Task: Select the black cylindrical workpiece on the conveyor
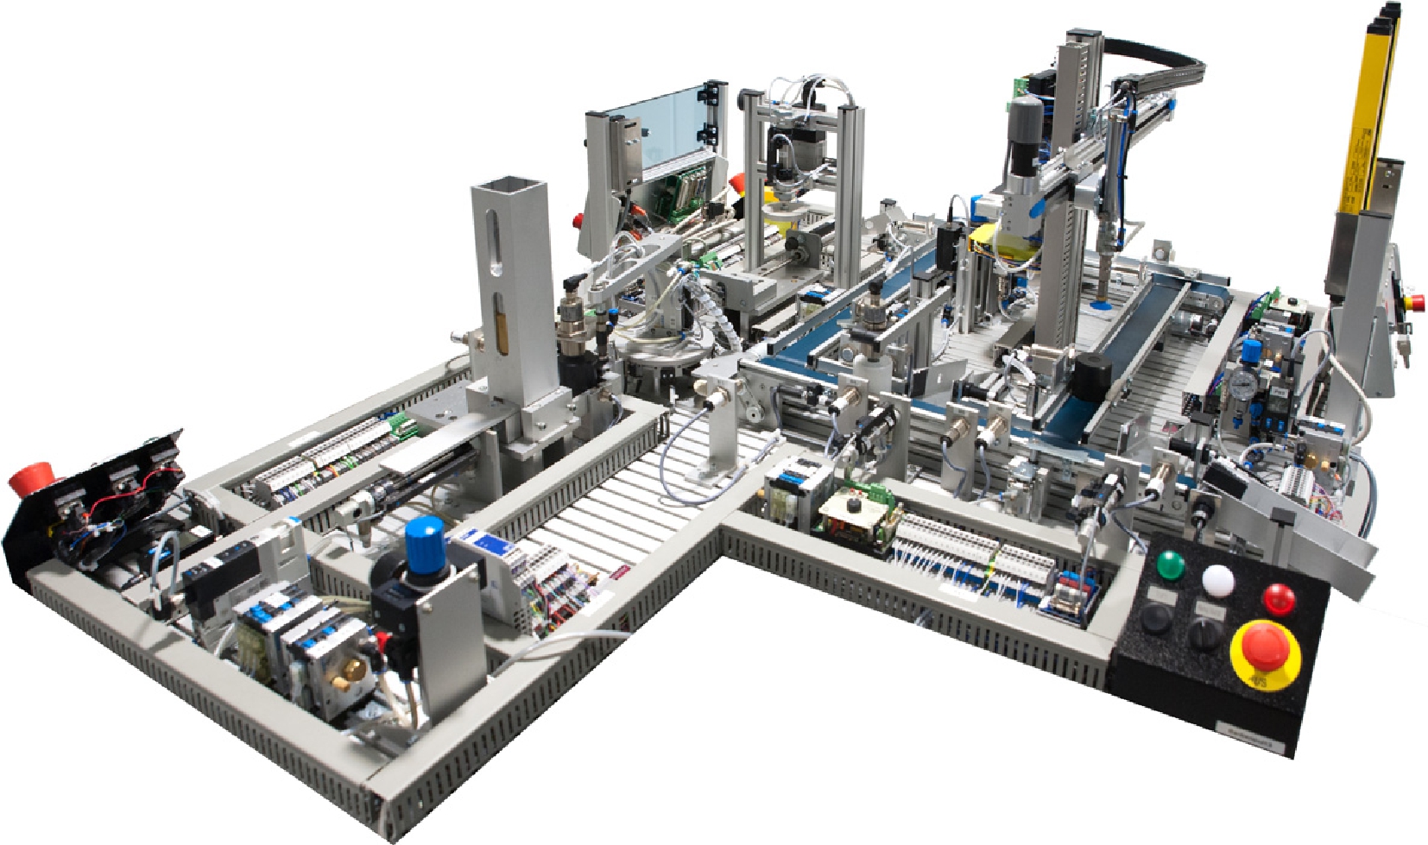[1090, 377]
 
